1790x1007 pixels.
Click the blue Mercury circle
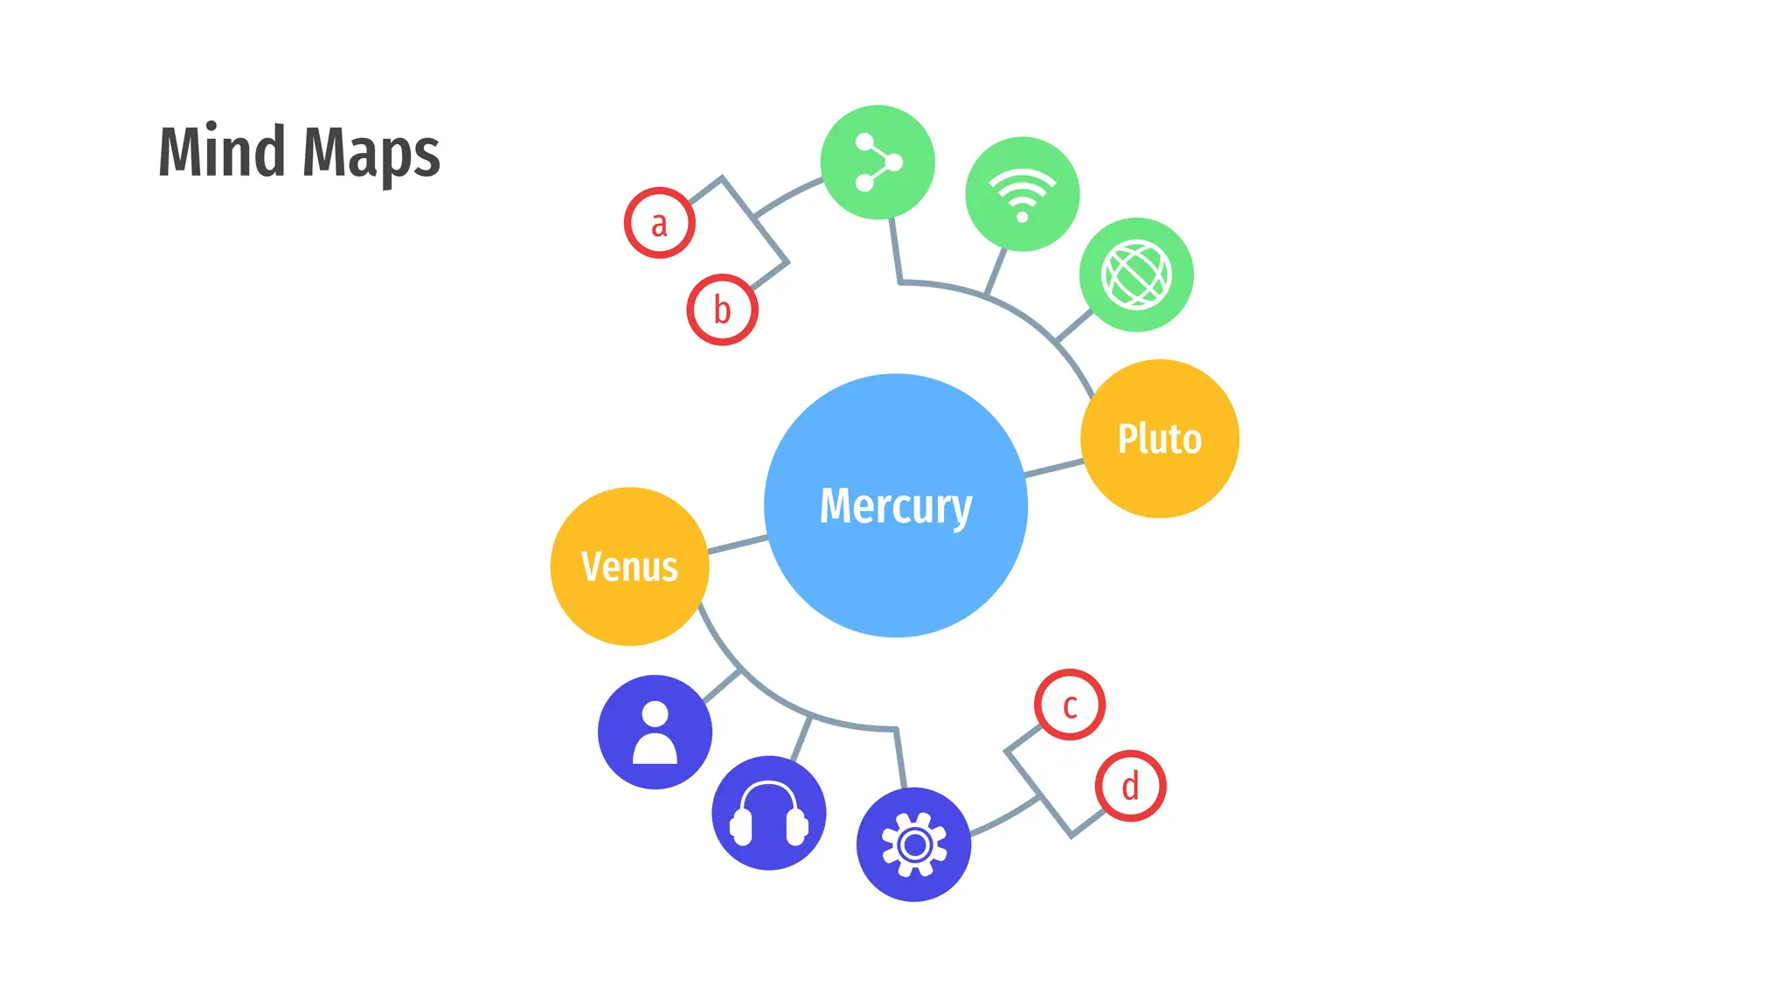click(895, 505)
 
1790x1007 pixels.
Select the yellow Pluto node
click(1159, 438)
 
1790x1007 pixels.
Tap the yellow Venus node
click(629, 566)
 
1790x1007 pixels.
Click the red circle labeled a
click(659, 223)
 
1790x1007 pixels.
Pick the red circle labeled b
click(722, 309)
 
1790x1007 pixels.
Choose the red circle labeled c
click(1069, 705)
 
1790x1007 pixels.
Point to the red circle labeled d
click(1130, 785)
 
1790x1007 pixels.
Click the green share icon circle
click(878, 163)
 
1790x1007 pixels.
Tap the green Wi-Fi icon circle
click(1022, 194)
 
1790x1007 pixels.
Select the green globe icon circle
click(1135, 274)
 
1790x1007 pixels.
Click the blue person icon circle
click(655, 732)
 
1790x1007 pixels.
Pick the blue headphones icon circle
click(768, 812)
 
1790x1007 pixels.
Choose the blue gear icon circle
click(913, 844)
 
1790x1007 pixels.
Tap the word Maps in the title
click(371, 154)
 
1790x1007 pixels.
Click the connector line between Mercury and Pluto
click(1053, 469)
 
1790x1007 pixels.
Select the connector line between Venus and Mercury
click(738, 545)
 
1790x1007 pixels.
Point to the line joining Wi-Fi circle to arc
click(996, 272)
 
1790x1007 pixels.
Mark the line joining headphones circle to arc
click(801, 739)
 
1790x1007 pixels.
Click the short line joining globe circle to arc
click(1074, 325)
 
